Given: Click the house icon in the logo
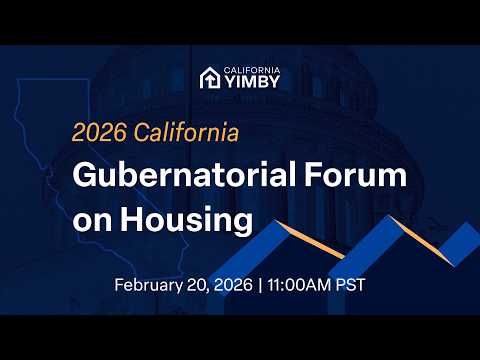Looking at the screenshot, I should (209, 77).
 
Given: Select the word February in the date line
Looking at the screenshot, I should (151, 285).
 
